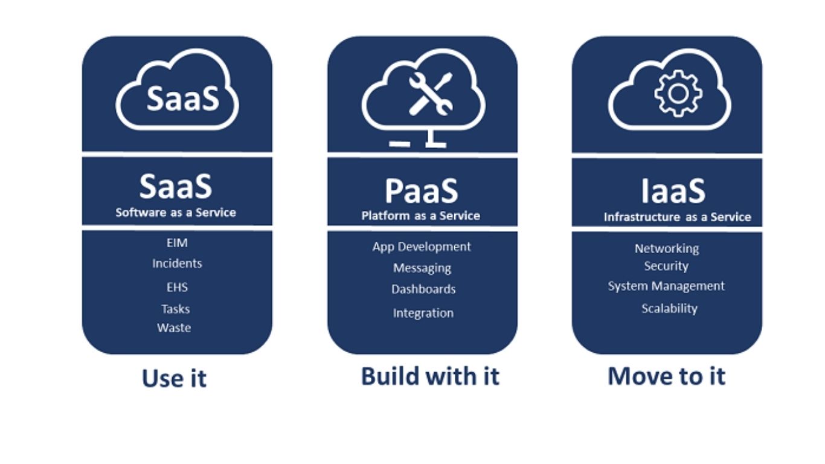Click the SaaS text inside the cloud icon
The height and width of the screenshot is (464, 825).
pos(182,98)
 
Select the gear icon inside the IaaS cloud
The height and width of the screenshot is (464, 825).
pos(678,93)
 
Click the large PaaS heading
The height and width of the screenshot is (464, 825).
pos(421,190)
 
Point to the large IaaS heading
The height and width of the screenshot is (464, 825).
pos(673,190)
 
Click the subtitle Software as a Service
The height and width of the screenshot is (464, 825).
pos(176,213)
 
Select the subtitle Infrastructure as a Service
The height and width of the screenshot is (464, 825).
pos(677,217)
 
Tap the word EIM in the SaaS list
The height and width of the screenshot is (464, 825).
pos(177,243)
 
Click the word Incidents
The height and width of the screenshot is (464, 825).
pos(177,263)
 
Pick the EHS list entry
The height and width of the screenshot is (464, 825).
pos(177,288)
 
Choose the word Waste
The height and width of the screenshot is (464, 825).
pos(174,328)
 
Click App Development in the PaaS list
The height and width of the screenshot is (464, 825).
pos(422,246)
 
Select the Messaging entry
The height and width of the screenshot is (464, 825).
pos(422,268)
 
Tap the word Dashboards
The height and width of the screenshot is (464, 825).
pos(423,289)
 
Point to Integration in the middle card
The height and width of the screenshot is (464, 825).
pos(423,313)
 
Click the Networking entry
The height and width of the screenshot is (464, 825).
pos(667,248)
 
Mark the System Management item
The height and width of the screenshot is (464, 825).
pos(666,286)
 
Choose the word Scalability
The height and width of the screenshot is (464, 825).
pos(669,308)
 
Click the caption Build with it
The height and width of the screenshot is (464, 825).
pos(430,376)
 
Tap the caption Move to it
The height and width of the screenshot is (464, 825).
pos(666,376)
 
